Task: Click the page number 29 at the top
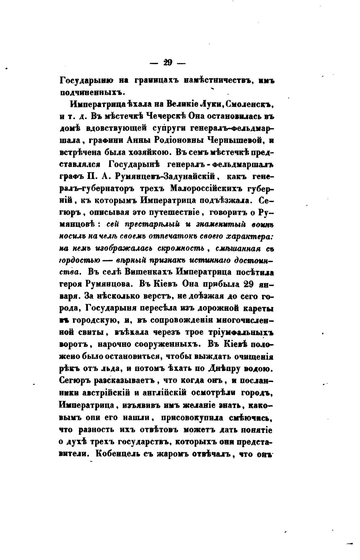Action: pyautogui.click(x=167, y=63)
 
